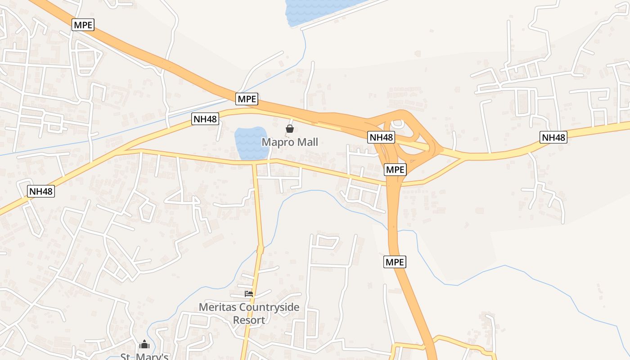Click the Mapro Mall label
(290, 142)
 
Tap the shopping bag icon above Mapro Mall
(290, 129)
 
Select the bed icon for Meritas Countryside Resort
(249, 293)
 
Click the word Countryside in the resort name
(269, 308)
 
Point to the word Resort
(249, 320)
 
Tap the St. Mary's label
(144, 357)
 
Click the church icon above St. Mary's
(144, 345)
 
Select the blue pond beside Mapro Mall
(251, 142)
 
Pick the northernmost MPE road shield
(83, 25)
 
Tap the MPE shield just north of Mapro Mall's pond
(247, 99)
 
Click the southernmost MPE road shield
(395, 262)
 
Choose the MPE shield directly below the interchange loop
(396, 170)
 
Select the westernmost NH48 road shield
(40, 191)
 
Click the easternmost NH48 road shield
(553, 137)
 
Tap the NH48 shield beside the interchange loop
(381, 137)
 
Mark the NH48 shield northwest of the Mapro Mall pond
(205, 119)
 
